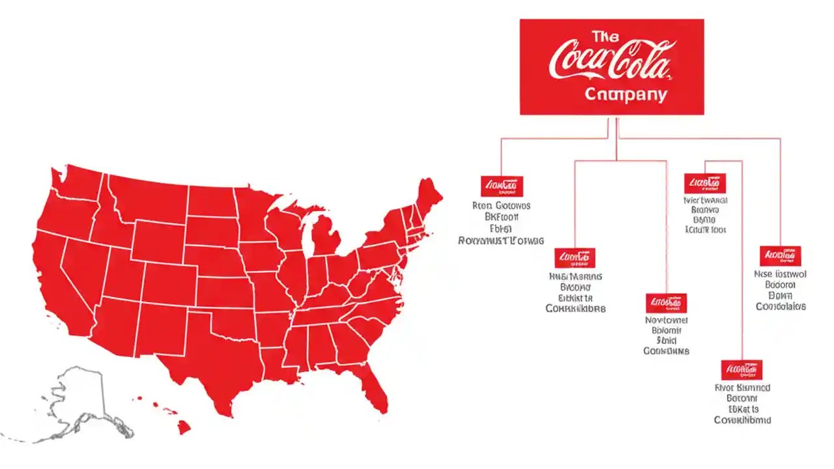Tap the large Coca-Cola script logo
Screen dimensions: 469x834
coord(610,61)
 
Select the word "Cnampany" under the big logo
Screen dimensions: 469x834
coord(625,95)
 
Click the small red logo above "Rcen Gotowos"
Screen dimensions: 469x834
coord(502,186)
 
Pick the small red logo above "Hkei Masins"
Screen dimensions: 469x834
coord(575,258)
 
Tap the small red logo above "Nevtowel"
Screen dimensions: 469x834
coord(666,303)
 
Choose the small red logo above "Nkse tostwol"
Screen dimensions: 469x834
coord(780,256)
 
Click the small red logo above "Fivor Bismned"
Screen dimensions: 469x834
coord(741,369)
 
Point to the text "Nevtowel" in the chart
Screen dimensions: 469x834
coord(666,320)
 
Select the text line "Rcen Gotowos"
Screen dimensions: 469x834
coord(501,206)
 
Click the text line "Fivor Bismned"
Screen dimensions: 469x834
coord(742,388)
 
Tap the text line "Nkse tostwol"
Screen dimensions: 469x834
coord(780,274)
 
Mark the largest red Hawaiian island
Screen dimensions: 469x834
coord(185,427)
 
